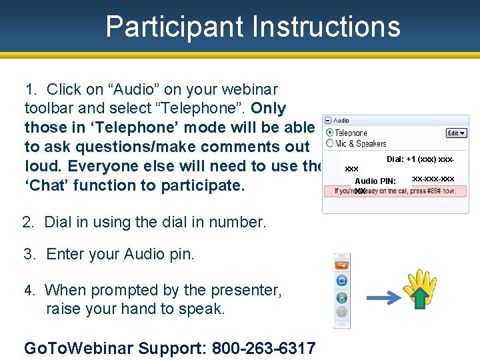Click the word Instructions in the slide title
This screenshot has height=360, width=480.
click(x=326, y=27)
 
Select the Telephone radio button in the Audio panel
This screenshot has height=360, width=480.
click(x=329, y=133)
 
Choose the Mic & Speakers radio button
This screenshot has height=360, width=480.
click(x=329, y=143)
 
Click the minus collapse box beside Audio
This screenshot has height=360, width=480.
click(x=328, y=121)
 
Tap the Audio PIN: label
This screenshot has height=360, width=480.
click(x=375, y=181)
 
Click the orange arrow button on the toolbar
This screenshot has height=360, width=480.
click(x=342, y=265)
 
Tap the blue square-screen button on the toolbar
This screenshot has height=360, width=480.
click(x=342, y=281)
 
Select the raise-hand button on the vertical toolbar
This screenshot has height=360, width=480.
click(x=342, y=297)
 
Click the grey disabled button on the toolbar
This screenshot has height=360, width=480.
click(x=342, y=312)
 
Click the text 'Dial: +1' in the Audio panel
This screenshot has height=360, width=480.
click(x=401, y=160)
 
